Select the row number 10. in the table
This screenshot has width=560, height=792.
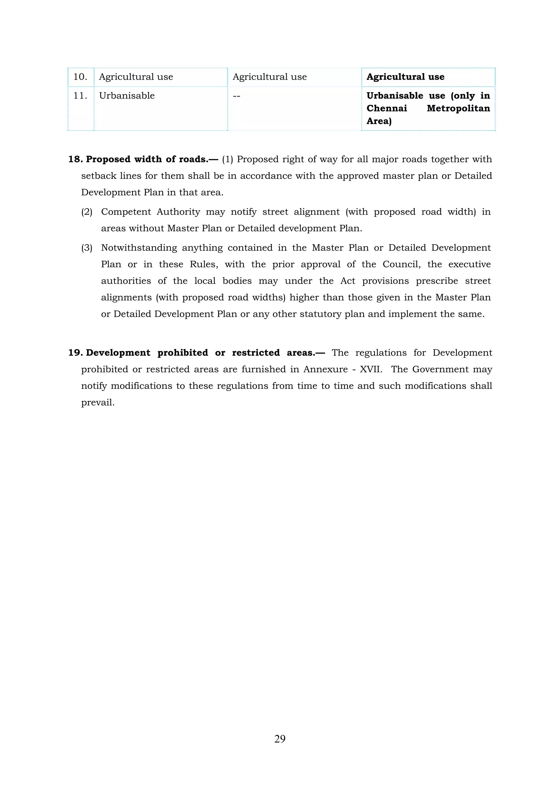pyautogui.click(x=80, y=77)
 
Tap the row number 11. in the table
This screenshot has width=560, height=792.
pyautogui.click(x=80, y=96)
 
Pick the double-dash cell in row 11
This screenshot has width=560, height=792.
pyautogui.click(x=236, y=96)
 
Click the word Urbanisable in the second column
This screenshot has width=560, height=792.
pyautogui.click(x=127, y=96)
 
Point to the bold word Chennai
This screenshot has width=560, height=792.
pyautogui.click(x=386, y=108)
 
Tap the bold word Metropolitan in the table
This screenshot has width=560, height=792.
pyautogui.click(x=458, y=108)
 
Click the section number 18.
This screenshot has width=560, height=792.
pyautogui.click(x=75, y=159)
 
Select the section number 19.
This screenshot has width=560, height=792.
pyautogui.click(x=75, y=353)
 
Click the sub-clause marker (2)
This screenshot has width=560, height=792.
pyautogui.click(x=87, y=212)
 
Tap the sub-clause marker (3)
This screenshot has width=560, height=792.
pyautogui.click(x=87, y=248)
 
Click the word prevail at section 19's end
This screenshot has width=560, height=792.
pyautogui.click(x=97, y=402)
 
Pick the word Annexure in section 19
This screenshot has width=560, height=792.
pyautogui.click(x=325, y=369)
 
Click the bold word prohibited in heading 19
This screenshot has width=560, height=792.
pyautogui.click(x=183, y=353)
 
